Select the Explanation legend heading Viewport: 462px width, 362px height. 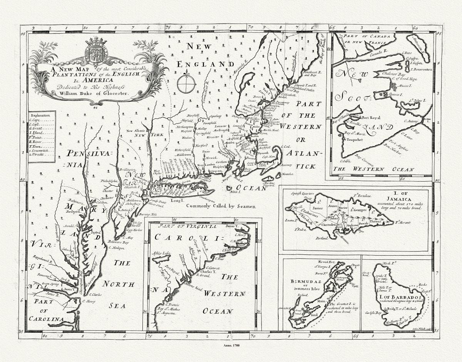point(39,115)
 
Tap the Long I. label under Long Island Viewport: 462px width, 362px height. point(176,201)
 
